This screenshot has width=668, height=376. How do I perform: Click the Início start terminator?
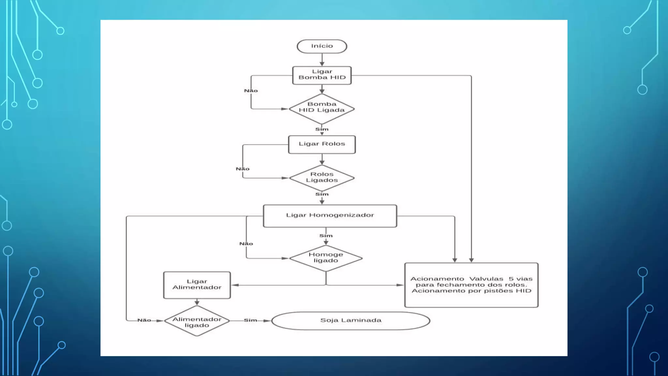(x=322, y=46)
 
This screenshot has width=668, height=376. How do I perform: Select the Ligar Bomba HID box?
(x=322, y=75)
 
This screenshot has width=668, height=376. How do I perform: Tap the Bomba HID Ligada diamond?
(x=322, y=109)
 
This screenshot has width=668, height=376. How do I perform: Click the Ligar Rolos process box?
(x=322, y=145)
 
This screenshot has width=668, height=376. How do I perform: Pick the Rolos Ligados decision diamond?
(x=322, y=178)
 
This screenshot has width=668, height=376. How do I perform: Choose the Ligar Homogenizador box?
(x=330, y=216)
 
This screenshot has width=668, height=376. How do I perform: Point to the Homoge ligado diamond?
(x=326, y=258)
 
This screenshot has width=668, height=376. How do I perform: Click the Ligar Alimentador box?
(x=197, y=285)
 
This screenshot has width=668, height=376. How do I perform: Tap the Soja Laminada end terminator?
(x=351, y=321)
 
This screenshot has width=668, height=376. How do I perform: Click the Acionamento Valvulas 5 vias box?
(x=471, y=285)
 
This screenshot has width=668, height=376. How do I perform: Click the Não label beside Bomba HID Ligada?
(x=251, y=91)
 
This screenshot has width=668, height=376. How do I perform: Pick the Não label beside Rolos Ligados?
(x=243, y=169)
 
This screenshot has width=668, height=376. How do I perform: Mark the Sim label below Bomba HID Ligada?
(x=322, y=129)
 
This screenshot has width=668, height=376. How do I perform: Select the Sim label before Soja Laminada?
(x=250, y=321)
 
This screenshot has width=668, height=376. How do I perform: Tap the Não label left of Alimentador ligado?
(x=144, y=321)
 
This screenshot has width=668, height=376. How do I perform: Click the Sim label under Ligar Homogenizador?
(x=326, y=236)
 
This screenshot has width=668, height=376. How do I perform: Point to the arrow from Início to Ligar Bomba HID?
(x=322, y=60)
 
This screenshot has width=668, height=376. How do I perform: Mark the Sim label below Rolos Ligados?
(x=322, y=194)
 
